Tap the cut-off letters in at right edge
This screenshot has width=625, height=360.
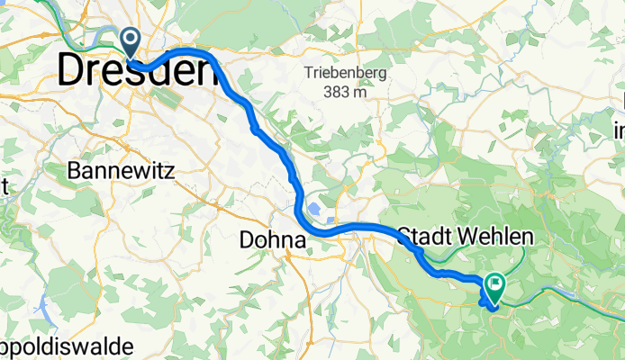point(619,130)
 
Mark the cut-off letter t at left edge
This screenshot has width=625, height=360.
point(4,186)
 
